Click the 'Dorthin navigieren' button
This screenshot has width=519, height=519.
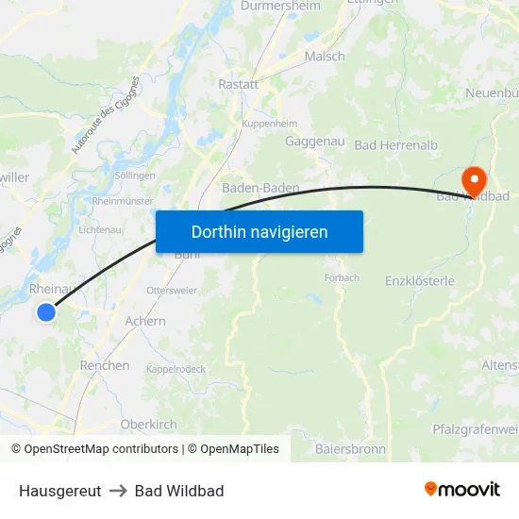click(259, 231)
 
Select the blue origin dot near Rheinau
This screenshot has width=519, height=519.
click(45, 311)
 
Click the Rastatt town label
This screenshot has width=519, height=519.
click(238, 85)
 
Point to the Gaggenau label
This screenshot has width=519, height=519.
click(314, 142)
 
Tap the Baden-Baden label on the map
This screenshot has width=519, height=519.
click(260, 188)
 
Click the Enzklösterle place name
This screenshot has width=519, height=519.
click(420, 280)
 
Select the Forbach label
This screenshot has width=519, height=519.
click(342, 278)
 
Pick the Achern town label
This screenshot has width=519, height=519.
click(145, 321)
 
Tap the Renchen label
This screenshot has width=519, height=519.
click(105, 365)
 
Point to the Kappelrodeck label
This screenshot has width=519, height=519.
click(176, 369)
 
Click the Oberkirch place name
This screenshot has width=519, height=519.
click(149, 425)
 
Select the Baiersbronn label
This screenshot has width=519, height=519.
click(350, 449)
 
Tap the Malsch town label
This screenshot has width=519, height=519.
click(325, 57)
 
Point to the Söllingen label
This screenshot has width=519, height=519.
click(134, 176)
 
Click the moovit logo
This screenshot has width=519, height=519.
click(462, 490)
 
